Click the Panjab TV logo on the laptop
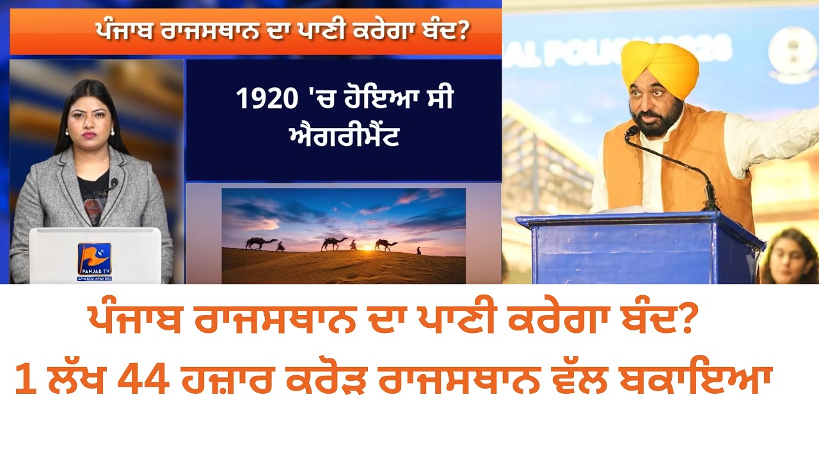94,259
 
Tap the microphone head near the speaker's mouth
632,131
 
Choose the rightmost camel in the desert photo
385,245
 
